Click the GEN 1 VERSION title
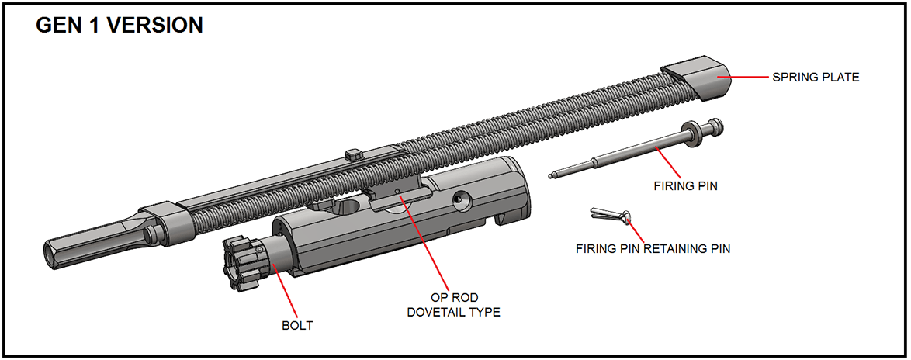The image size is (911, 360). coord(120,26)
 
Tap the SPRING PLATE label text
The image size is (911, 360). coord(816,78)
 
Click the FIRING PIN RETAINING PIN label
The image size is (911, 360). coord(653,249)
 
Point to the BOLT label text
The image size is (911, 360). coord(297,325)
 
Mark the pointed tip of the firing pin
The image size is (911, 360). coord(552,175)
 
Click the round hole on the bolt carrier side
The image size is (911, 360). coord(462,200)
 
